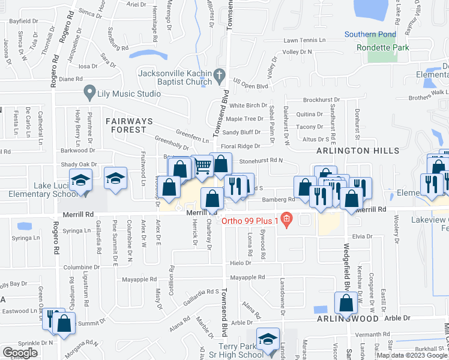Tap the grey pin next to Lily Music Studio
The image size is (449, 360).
point(89,93)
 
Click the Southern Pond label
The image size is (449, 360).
point(372,34)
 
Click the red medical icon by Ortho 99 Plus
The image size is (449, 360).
point(287,220)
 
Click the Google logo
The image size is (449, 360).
point(20,353)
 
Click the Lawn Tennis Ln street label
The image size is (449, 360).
point(304,41)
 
